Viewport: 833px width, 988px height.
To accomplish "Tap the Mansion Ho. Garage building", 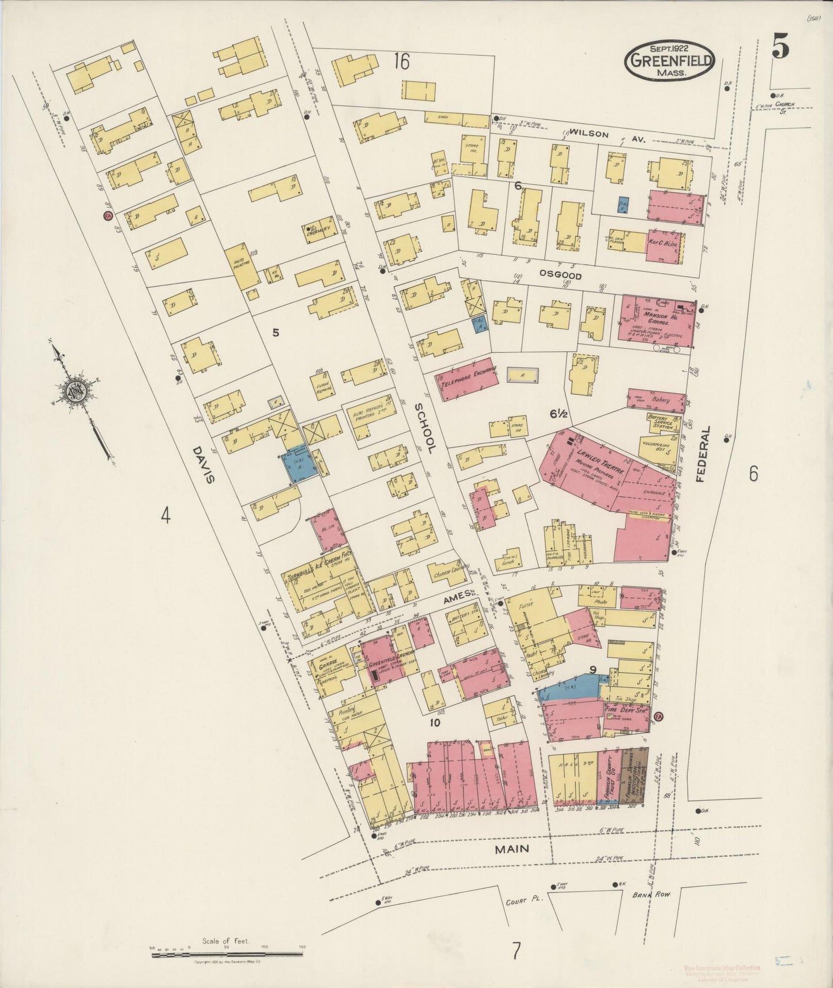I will click(x=655, y=321).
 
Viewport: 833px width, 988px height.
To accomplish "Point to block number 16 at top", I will click(x=401, y=61).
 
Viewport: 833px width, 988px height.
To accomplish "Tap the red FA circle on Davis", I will click(x=107, y=216).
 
